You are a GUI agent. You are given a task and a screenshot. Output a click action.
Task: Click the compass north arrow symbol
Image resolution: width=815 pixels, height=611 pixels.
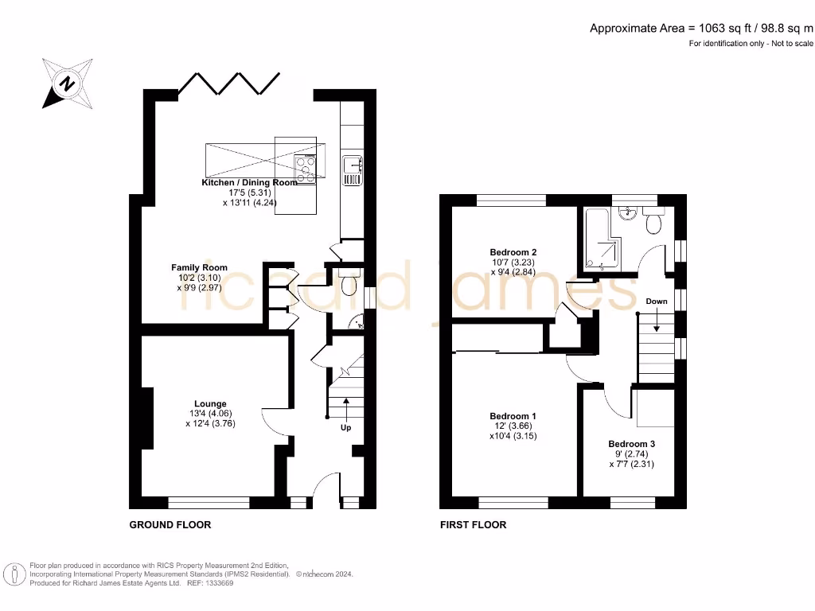click(67, 83)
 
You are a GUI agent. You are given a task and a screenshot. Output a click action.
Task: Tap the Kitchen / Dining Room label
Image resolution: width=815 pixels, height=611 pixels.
click(249, 182)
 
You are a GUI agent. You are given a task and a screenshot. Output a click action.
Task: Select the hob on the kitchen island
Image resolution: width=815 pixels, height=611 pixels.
click(305, 169)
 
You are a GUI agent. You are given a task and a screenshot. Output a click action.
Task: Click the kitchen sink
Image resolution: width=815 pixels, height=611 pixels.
click(352, 169)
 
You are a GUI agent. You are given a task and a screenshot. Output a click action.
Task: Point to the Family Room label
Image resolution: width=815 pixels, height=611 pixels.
click(200, 267)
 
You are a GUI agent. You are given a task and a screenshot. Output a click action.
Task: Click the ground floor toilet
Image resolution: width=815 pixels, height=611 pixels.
click(349, 282)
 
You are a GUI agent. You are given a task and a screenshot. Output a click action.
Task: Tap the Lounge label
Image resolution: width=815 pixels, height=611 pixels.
click(210, 403)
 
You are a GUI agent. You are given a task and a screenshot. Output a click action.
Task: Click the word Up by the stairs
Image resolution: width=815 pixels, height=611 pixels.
click(345, 427)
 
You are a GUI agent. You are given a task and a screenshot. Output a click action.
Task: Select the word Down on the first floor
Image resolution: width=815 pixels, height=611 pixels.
click(657, 302)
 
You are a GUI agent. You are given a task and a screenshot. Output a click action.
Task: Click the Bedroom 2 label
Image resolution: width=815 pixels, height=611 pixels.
click(513, 252)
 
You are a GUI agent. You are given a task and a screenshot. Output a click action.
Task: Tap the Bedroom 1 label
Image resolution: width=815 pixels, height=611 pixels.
click(513, 416)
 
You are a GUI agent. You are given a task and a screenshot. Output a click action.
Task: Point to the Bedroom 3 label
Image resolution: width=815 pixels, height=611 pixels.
click(631, 444)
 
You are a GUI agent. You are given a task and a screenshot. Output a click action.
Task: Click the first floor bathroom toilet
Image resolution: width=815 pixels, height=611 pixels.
click(653, 220)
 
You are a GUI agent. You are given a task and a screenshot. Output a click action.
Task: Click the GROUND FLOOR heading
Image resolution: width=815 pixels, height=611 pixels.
click(170, 525)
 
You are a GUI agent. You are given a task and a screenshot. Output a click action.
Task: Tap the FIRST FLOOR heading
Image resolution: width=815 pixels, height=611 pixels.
click(473, 525)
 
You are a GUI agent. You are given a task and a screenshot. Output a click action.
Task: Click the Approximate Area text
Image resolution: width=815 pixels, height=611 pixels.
click(701, 29)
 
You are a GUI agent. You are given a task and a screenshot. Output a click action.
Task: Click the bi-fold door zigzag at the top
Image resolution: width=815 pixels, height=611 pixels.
click(228, 84)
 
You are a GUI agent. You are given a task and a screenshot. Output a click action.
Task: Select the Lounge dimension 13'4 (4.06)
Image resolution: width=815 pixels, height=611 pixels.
click(210, 414)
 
